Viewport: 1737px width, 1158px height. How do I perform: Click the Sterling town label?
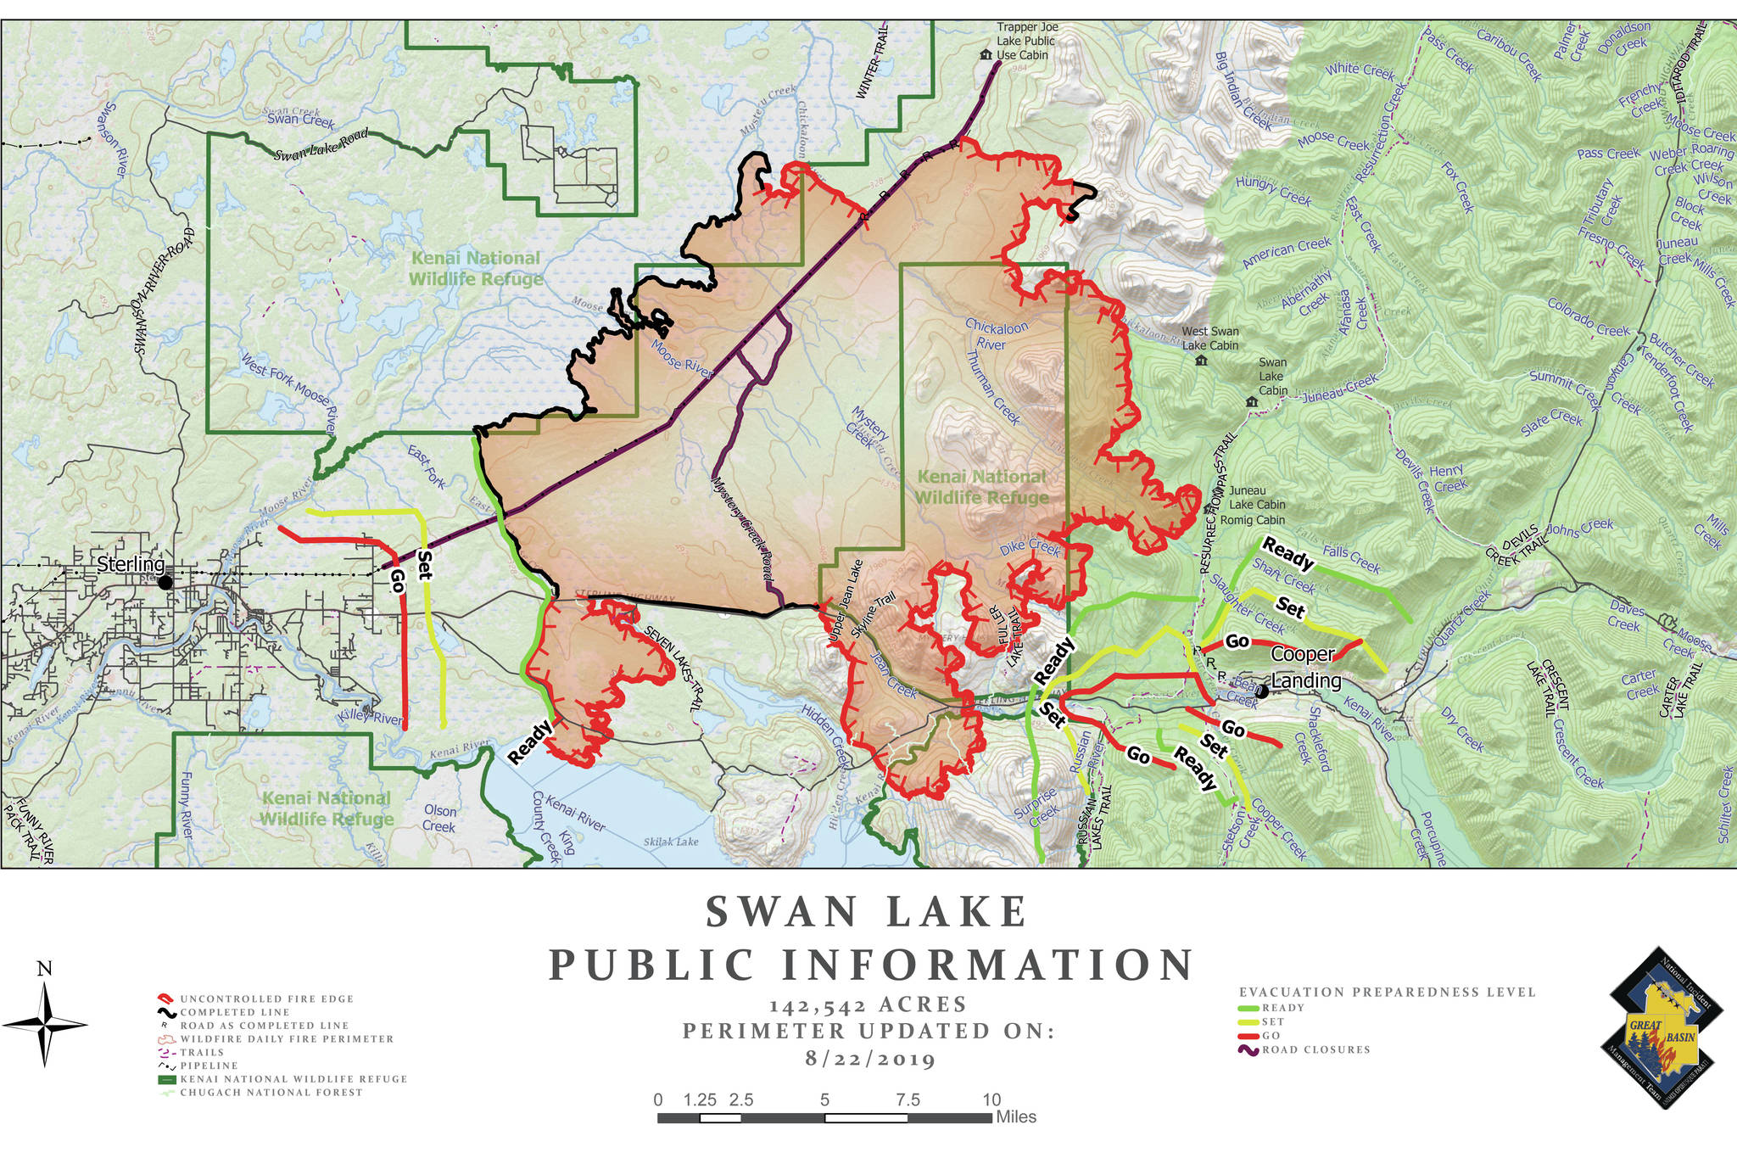(x=131, y=564)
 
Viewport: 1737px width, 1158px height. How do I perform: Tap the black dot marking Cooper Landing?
(x=1261, y=691)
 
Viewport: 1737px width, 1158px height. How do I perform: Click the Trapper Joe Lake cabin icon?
(x=986, y=55)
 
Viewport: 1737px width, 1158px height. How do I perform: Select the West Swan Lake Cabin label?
(x=1210, y=338)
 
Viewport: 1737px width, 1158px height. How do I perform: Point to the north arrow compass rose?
(x=45, y=1024)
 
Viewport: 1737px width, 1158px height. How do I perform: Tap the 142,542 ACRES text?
(x=868, y=1005)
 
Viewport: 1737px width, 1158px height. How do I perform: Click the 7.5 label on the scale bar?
(x=908, y=1100)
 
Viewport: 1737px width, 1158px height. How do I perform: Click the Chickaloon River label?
(x=996, y=335)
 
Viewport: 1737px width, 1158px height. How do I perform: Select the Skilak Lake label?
(x=671, y=842)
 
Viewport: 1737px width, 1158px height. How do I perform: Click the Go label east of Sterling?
(x=397, y=579)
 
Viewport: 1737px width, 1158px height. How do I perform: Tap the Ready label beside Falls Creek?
(x=1287, y=553)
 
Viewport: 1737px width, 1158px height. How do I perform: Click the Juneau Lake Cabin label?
(x=1257, y=497)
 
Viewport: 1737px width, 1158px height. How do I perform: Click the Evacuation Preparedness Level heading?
(x=1387, y=992)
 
